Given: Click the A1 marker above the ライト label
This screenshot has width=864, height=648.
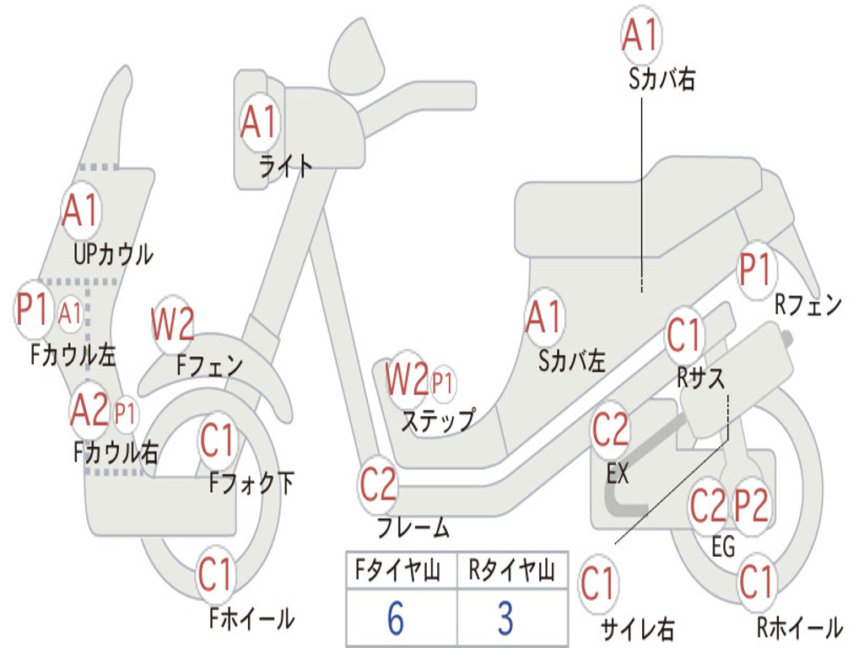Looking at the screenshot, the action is point(258,123).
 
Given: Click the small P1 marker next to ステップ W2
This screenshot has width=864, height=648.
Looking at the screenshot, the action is point(442,384).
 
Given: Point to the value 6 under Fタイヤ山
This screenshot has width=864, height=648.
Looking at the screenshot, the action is point(396,618).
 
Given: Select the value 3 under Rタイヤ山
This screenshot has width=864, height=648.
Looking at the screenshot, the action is point(505,618).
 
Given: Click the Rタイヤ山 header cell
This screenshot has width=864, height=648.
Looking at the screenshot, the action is point(511,573).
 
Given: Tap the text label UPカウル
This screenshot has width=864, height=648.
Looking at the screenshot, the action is point(113,253).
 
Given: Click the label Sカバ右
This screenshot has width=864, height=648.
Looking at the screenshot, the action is point(662,79).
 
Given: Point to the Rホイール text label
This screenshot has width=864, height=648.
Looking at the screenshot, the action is point(799,628).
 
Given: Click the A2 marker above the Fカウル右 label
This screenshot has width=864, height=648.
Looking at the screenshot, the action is point(89,411).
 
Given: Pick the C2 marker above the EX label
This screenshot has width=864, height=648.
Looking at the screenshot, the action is point(610,431).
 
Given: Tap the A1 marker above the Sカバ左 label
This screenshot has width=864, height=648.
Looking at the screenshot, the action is point(543,318).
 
